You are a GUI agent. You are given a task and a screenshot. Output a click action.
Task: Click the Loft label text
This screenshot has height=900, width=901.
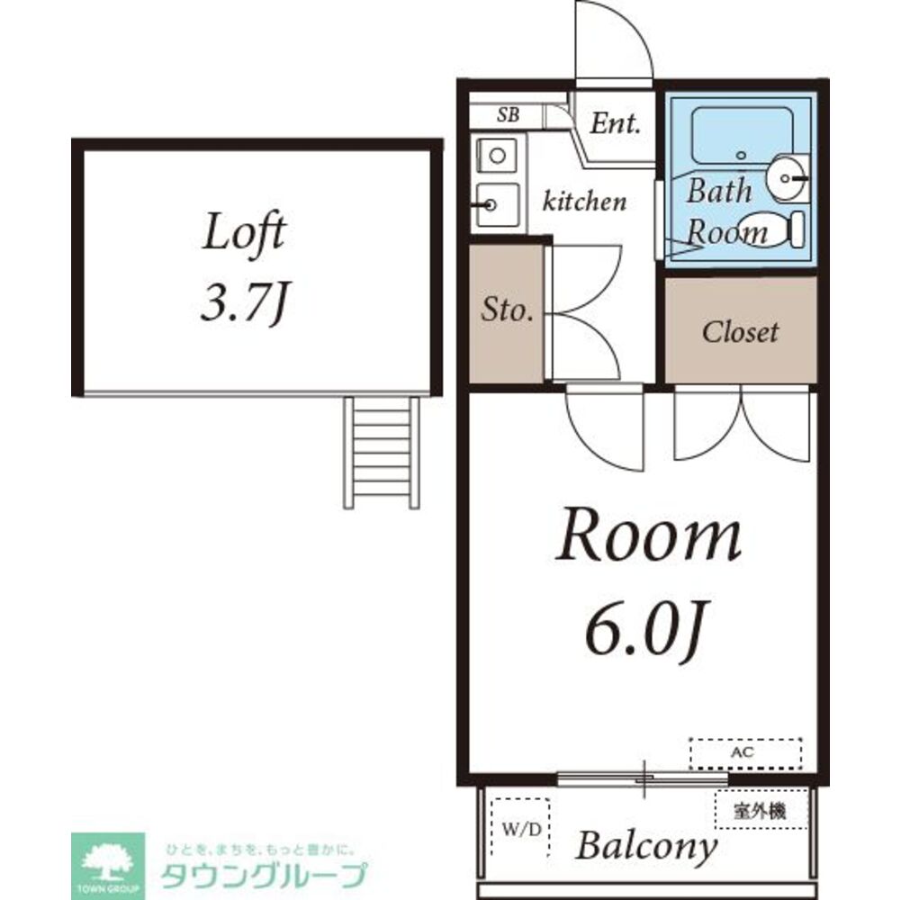[244, 234]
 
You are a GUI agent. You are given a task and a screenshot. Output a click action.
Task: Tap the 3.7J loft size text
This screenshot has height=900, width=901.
[243, 305]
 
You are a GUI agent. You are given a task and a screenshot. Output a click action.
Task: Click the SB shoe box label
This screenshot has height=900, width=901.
[508, 116]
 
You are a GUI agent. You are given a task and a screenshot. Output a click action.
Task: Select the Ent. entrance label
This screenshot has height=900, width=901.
[615, 123]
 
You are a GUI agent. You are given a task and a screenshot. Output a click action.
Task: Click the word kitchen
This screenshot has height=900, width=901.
[583, 202]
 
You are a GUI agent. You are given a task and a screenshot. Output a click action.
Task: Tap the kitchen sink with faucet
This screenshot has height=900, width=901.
[495, 205]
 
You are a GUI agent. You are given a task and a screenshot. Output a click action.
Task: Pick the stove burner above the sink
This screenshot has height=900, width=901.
[495, 156]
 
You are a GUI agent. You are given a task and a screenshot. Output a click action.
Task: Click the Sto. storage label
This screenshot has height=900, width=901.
[507, 312]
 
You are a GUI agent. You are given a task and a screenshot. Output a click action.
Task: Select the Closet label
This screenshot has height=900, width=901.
[740, 332]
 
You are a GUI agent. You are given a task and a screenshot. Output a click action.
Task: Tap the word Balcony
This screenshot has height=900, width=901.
[646, 847]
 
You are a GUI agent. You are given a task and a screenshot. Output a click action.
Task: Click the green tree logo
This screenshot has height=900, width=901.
[107, 861]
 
